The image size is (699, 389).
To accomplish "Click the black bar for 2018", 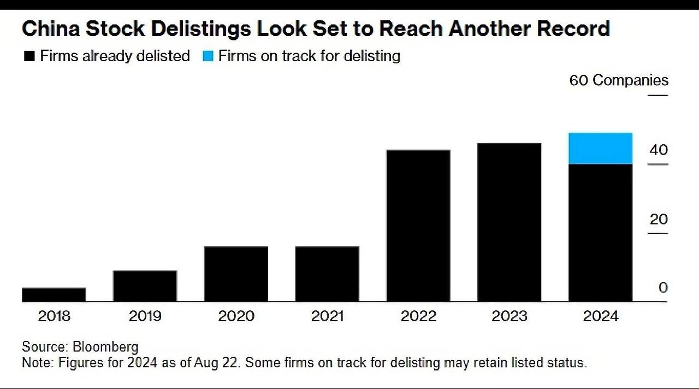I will click(x=54, y=294).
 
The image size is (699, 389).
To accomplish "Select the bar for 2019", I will click(x=145, y=286).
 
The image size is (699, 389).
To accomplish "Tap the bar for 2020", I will click(x=236, y=274).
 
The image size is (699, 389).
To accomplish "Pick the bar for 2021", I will click(x=327, y=274).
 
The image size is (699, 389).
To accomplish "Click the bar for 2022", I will click(x=418, y=226).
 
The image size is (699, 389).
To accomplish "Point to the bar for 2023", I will click(x=509, y=222).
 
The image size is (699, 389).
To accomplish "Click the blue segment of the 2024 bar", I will click(x=600, y=148).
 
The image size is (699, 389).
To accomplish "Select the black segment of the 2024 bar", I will click(x=600, y=233).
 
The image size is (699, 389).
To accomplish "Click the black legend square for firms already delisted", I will click(x=29, y=56).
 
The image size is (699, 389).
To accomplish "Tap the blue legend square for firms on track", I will click(x=208, y=56).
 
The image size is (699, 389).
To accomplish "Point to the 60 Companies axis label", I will click(x=619, y=80).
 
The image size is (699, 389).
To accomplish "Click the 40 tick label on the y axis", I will click(x=659, y=150).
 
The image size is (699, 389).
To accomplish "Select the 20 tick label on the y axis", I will click(x=659, y=219).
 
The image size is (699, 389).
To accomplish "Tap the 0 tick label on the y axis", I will click(x=663, y=288).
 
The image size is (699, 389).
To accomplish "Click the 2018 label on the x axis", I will click(x=54, y=316).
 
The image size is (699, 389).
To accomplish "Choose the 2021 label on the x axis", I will click(x=327, y=316).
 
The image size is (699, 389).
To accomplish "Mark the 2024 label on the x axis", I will click(x=600, y=316).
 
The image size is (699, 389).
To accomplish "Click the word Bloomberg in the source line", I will click(x=105, y=347).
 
